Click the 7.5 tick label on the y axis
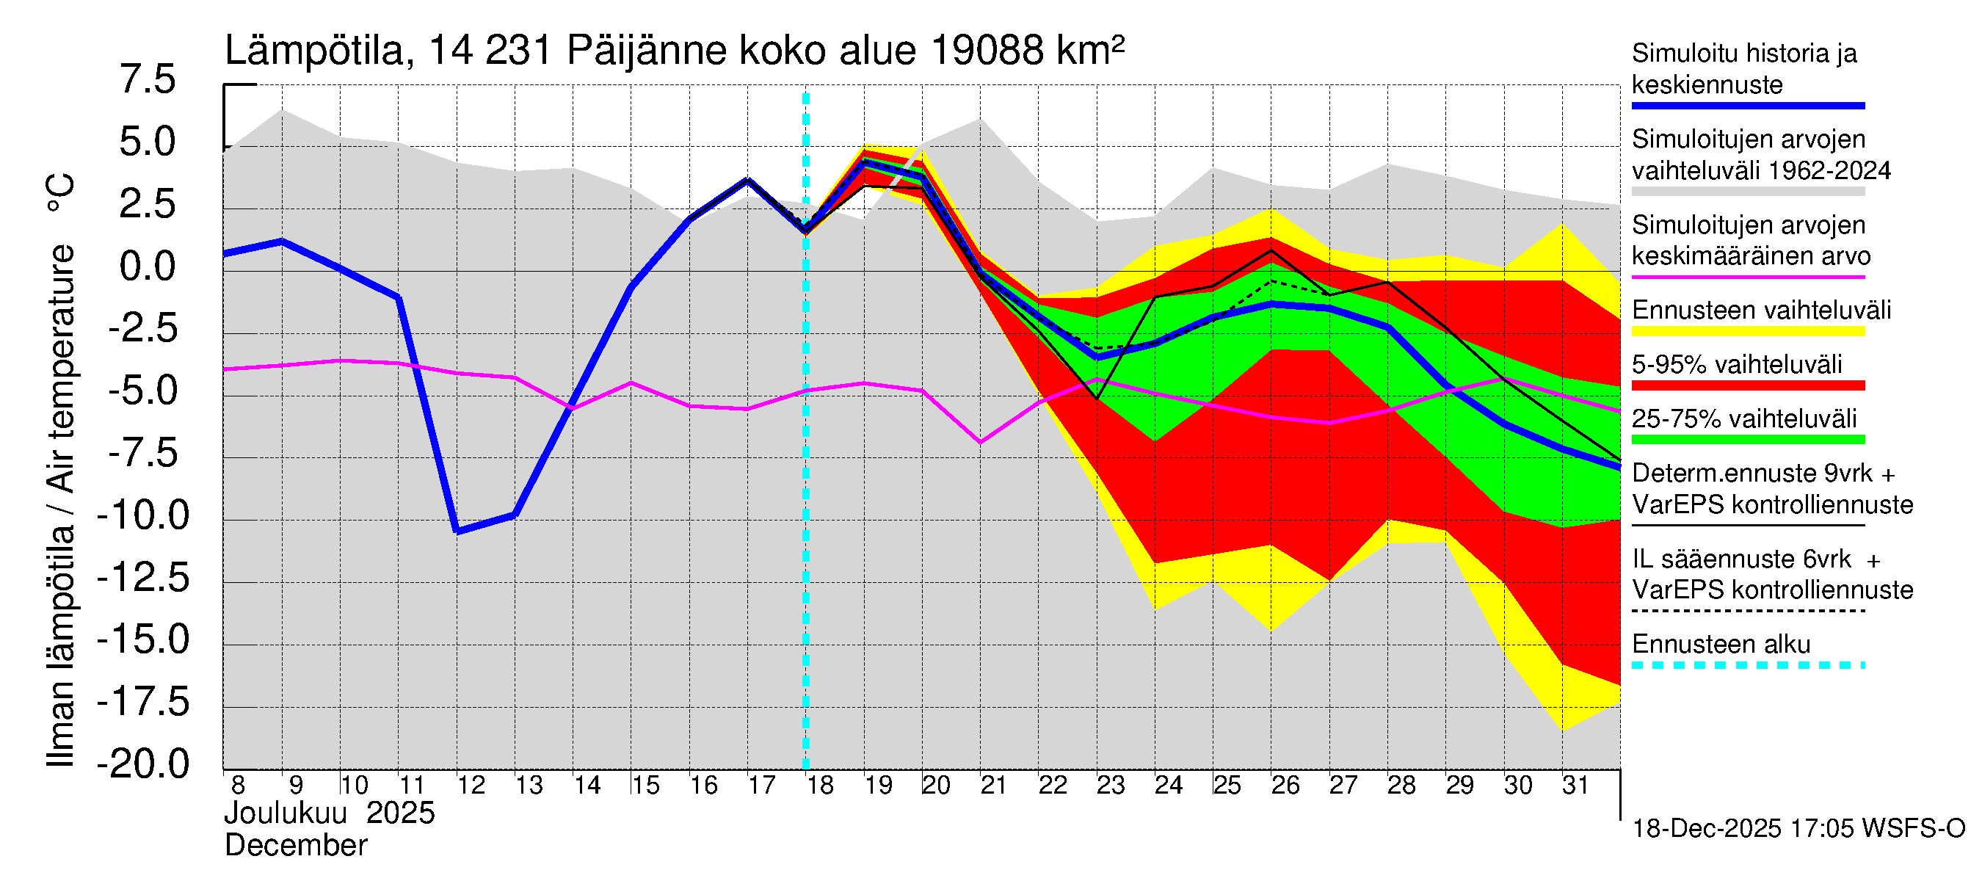(147, 80)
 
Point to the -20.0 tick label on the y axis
(143, 764)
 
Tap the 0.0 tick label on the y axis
(147, 267)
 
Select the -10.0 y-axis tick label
(143, 515)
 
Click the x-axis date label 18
(820, 786)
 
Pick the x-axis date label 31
(1576, 786)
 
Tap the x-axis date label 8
(238, 786)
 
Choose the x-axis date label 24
(1169, 786)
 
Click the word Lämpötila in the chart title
(314, 51)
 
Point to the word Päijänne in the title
(646, 51)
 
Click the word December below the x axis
(295, 846)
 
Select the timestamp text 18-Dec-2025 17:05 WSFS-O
(1798, 829)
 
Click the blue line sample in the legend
(1747, 106)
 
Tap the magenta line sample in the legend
(1747, 277)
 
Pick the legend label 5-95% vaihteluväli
(1737, 364)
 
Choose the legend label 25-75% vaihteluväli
(1743, 418)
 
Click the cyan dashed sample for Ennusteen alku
(1747, 666)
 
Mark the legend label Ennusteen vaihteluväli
(1761, 310)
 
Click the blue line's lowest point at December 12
(458, 531)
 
